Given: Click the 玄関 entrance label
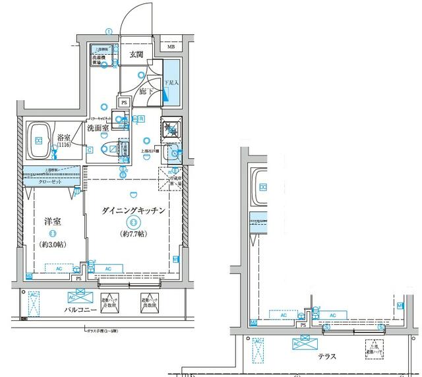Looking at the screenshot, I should [136, 54].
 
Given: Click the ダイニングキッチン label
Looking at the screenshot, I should [133, 210].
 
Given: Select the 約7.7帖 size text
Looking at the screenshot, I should [133, 234].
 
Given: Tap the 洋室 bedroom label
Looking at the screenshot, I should [53, 222].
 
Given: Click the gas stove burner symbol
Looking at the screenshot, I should [171, 129].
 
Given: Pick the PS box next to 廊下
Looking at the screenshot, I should [124, 103].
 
